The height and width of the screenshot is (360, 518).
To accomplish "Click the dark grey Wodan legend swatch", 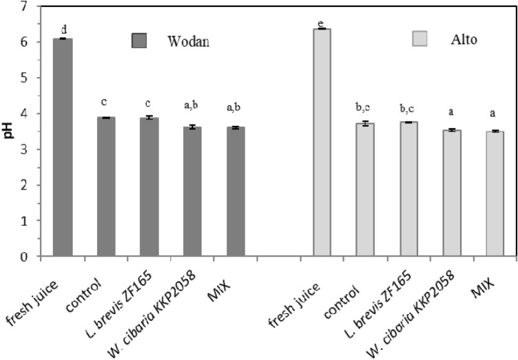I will pyautogui.click(x=141, y=40).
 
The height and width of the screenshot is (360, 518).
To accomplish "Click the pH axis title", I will pyautogui.click(x=9, y=131).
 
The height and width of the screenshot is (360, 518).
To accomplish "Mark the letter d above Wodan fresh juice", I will pyautogui.click(x=63, y=29).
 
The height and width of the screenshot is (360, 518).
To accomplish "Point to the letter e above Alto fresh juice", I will pyautogui.click(x=321, y=24).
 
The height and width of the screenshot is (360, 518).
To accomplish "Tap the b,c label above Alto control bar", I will pyautogui.click(x=364, y=107).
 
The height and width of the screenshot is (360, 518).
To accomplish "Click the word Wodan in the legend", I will pyautogui.click(x=188, y=41).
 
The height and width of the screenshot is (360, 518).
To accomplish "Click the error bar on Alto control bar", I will pyautogui.click(x=364, y=123).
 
